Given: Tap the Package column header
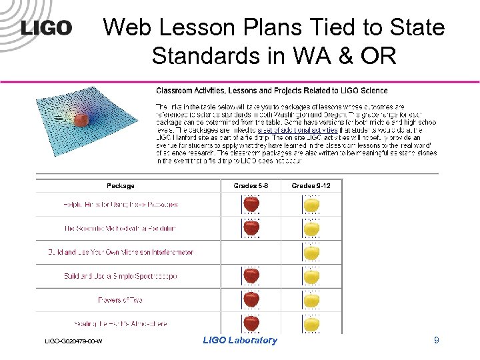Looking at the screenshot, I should pyautogui.click(x=121, y=185).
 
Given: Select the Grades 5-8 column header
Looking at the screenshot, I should pyautogui.click(x=251, y=185).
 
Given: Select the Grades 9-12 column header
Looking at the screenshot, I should pyautogui.click(x=311, y=185).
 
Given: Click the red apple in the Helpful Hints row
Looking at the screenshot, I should pyautogui.click(x=251, y=204).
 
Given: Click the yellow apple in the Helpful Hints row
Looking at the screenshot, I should pyautogui.click(x=311, y=204).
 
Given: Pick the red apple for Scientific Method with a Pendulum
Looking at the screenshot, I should pyautogui.click(x=251, y=228).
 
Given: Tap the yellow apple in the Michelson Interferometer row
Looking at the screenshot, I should pyautogui.click(x=311, y=252).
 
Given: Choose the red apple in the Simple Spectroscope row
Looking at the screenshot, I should pyautogui.click(x=251, y=276).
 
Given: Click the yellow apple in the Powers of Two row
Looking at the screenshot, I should pyautogui.click(x=311, y=300).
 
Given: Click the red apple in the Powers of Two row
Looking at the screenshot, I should pyautogui.click(x=251, y=300).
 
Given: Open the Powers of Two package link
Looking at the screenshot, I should pyautogui.click(x=121, y=300).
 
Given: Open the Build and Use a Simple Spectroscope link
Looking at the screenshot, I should pyautogui.click(x=121, y=276).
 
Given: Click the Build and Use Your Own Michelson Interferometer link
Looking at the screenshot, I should pyautogui.click(x=121, y=252).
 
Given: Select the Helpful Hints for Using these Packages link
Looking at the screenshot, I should pyautogui.click(x=121, y=205).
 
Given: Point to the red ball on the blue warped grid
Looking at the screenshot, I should pyautogui.click(x=81, y=119).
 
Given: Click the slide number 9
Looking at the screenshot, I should pyautogui.click(x=436, y=341).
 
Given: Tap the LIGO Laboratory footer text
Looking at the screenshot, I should pyautogui.click(x=239, y=340).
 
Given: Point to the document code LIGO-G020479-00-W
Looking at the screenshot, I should pyautogui.click(x=73, y=341).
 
